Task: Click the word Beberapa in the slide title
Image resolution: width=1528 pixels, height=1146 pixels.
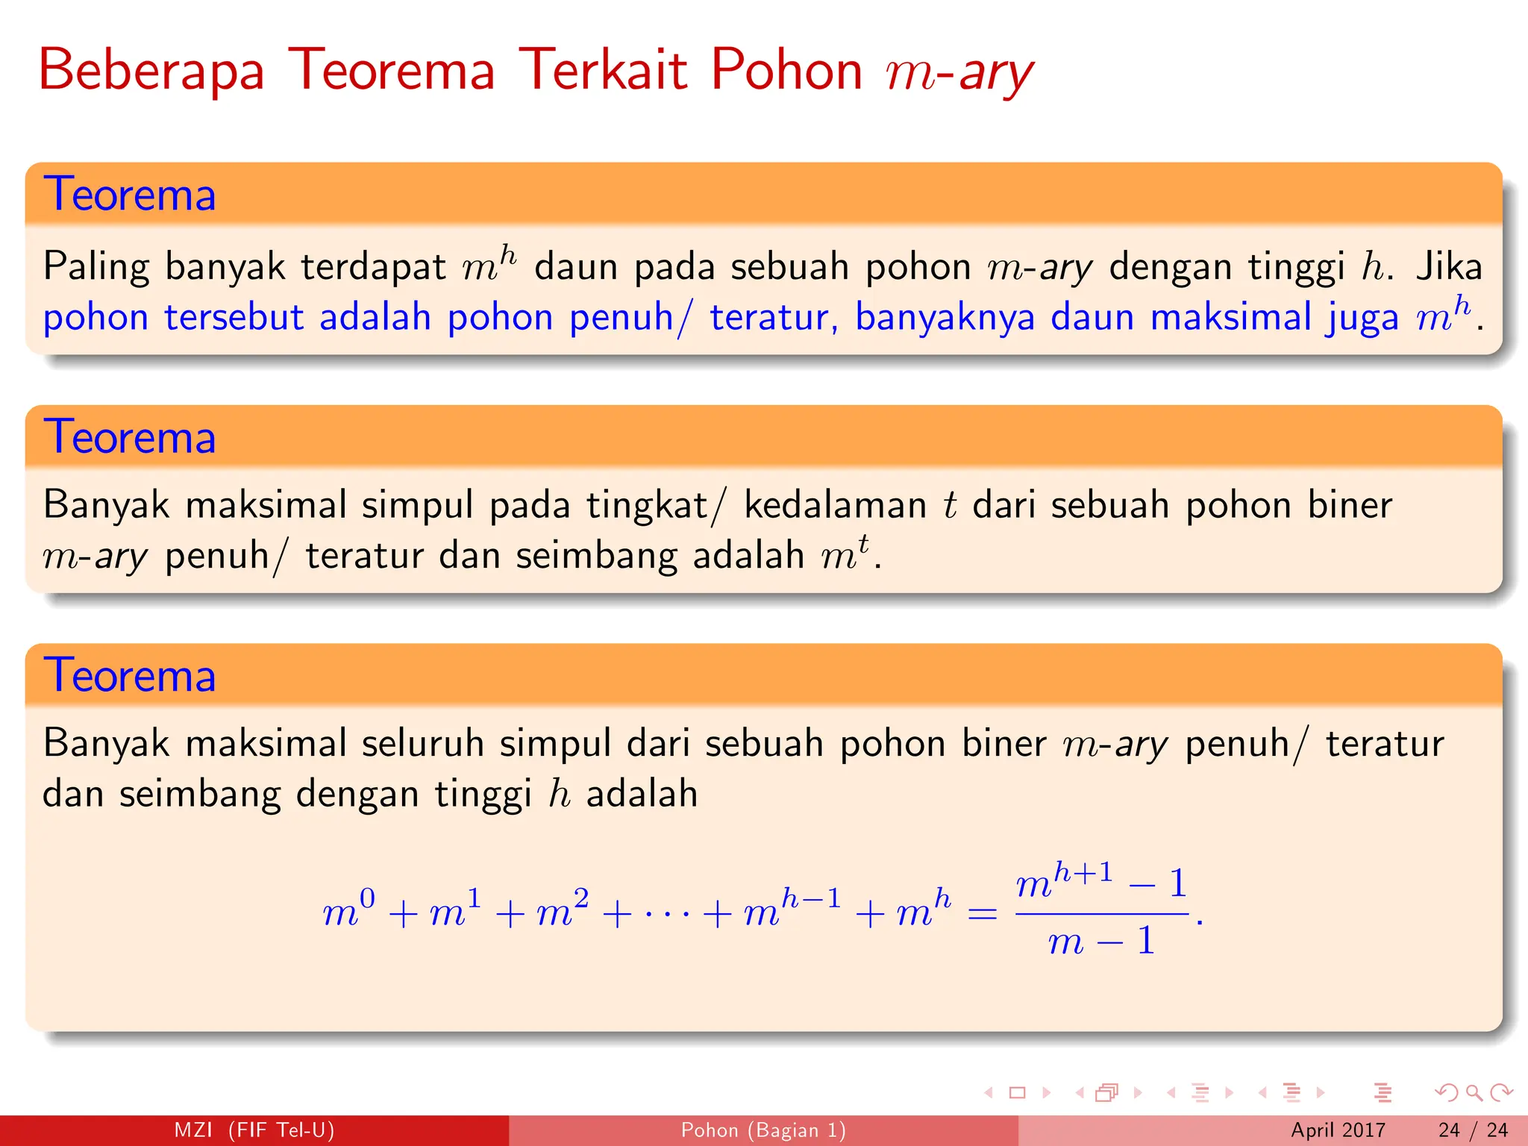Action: point(151,71)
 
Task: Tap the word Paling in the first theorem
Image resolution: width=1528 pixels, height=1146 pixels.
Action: point(95,267)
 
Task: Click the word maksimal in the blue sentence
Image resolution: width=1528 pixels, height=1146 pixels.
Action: point(1230,317)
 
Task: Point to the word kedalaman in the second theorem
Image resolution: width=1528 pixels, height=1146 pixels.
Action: point(835,505)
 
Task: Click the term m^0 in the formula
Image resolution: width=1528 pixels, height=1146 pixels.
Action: point(348,909)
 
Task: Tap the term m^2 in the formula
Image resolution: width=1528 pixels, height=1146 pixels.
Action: point(563,909)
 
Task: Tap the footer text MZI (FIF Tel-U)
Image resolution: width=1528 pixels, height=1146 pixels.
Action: point(254,1130)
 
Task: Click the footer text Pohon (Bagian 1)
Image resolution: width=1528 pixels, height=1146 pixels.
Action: point(763,1130)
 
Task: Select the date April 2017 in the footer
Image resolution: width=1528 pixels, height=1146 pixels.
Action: point(1338,1130)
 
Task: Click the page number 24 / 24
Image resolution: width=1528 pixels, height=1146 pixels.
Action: point(1473,1130)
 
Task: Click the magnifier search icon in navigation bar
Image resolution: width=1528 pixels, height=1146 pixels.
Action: point(1474,1093)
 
